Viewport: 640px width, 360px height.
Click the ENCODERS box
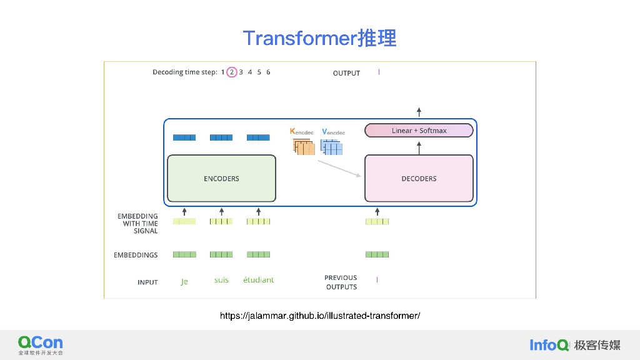(x=221, y=178)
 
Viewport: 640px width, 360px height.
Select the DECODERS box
(x=419, y=178)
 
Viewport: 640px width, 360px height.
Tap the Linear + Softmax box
(x=419, y=131)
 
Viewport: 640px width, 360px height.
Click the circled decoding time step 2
(x=232, y=72)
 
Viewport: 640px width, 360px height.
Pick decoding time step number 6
(x=268, y=72)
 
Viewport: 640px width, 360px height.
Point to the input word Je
(x=184, y=281)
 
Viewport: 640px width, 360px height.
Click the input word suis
(x=221, y=280)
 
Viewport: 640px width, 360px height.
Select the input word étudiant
(x=258, y=280)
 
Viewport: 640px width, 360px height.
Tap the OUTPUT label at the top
(x=346, y=73)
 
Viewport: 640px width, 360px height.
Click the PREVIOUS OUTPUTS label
(x=341, y=282)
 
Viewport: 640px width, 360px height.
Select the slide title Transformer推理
(x=319, y=38)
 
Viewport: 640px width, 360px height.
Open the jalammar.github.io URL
(x=319, y=316)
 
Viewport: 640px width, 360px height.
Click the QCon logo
(x=40, y=343)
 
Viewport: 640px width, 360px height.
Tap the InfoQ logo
(x=549, y=344)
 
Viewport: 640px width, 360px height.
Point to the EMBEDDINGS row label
(x=136, y=255)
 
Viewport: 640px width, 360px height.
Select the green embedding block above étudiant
(x=258, y=254)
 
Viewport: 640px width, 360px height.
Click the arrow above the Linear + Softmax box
(x=419, y=112)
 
